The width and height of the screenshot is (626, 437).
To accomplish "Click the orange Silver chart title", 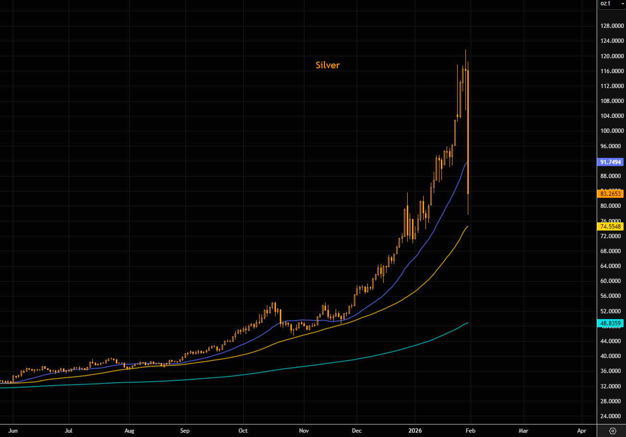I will click(x=327, y=65).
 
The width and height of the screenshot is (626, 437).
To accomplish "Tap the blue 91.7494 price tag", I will click(x=611, y=162).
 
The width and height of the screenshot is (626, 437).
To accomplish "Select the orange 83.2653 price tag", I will click(x=611, y=194).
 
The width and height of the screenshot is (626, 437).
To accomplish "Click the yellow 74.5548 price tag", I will click(x=611, y=226).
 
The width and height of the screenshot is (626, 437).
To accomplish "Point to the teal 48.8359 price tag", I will click(x=611, y=323).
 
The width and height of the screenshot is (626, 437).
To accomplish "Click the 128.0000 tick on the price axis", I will click(x=612, y=26).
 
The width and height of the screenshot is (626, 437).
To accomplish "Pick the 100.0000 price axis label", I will click(x=612, y=131).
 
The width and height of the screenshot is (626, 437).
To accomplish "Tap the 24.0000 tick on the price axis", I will click(x=612, y=416).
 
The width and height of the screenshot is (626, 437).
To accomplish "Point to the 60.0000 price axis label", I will click(x=612, y=281).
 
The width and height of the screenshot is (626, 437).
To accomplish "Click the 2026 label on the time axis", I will click(x=415, y=430).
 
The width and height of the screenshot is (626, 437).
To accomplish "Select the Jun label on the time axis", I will click(x=13, y=430).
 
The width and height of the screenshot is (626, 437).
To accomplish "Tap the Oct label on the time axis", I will click(x=243, y=430).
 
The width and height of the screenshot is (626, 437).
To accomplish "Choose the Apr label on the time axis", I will click(x=582, y=430).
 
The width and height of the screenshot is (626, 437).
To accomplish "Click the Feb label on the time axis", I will click(x=470, y=430).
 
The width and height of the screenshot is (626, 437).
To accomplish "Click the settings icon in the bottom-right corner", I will click(x=613, y=430).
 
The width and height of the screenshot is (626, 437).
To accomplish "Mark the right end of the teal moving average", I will click(x=467, y=323).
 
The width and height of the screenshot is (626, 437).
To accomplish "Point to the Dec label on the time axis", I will click(x=356, y=430).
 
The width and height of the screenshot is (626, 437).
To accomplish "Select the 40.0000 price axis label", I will click(x=612, y=356).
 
